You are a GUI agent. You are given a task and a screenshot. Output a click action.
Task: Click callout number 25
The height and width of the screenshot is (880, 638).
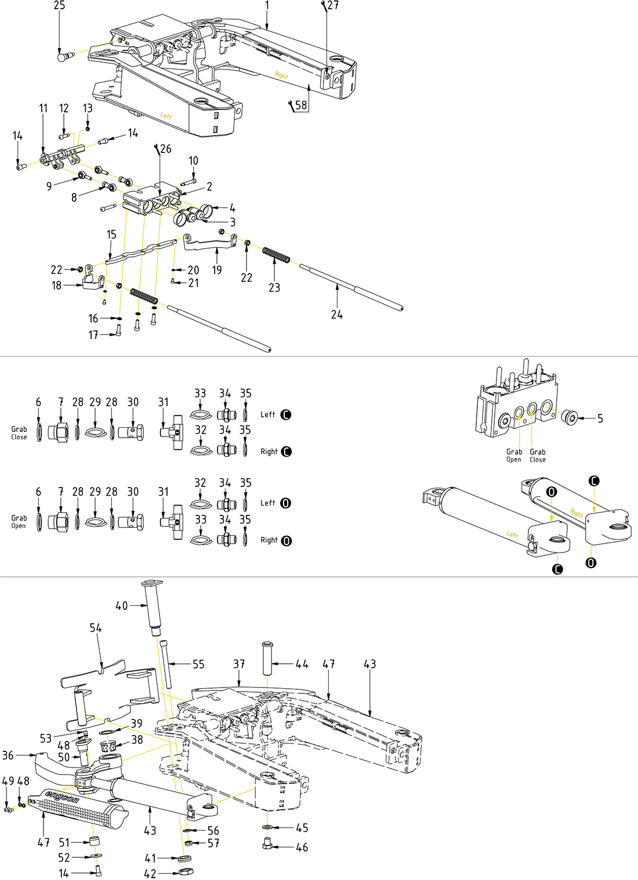[x=59, y=6]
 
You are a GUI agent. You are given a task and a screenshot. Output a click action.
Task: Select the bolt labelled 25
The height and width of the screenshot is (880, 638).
[x=63, y=57]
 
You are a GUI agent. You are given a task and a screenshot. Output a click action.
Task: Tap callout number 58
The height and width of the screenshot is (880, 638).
[x=301, y=105]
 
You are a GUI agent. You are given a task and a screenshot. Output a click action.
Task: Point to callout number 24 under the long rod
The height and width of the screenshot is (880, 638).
[x=337, y=315]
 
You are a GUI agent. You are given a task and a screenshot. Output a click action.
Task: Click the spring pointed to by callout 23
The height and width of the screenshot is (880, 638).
[x=275, y=254]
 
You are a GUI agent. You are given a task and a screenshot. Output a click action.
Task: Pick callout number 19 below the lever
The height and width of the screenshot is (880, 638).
[x=217, y=270]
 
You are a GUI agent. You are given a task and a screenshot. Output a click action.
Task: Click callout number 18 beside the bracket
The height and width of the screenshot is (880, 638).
[x=56, y=285]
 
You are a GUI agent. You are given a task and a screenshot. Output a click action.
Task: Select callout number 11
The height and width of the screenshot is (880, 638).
[x=43, y=108]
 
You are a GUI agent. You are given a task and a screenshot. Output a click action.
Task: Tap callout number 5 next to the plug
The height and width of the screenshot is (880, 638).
[x=600, y=419]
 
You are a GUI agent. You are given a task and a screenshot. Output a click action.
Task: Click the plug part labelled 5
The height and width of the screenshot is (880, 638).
[x=570, y=416]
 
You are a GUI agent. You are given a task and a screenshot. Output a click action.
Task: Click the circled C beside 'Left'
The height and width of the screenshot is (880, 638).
[x=285, y=415]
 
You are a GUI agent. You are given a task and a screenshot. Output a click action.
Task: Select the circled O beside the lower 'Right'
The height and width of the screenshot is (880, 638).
[x=285, y=541]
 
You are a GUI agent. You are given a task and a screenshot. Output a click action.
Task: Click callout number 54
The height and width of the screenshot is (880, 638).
[x=96, y=628]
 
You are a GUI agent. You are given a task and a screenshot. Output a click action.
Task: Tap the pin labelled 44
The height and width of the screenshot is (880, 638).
[x=268, y=658]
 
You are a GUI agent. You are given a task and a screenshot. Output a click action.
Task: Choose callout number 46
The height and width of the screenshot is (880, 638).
[x=302, y=848]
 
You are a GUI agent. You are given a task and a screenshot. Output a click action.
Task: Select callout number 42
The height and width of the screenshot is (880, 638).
[x=150, y=874]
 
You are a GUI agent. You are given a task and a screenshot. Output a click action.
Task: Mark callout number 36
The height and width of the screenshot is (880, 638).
[x=8, y=755]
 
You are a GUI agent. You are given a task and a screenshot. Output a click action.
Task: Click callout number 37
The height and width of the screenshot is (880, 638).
[x=239, y=664]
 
